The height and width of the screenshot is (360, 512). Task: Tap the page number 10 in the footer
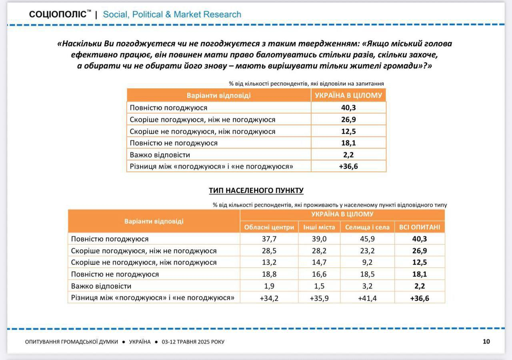[x=486, y=342]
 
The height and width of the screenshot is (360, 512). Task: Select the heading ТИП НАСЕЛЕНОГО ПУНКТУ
[x=256, y=191]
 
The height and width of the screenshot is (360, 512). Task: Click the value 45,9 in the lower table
[x=367, y=239]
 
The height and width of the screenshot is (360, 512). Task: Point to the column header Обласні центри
[x=269, y=227]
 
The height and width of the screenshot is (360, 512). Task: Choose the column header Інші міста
[x=319, y=227]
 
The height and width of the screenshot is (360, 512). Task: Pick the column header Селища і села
[x=367, y=227]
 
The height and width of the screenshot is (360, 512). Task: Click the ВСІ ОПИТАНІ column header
[x=419, y=227]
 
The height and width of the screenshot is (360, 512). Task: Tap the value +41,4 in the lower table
[x=367, y=298]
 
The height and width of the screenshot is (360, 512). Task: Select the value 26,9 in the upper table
[x=348, y=120]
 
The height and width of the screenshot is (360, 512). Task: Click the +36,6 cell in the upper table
[x=348, y=166]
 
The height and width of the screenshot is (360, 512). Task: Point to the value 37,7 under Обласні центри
[x=269, y=239]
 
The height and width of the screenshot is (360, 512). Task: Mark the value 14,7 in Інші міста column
[x=319, y=262]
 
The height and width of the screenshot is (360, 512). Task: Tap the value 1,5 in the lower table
[x=319, y=286]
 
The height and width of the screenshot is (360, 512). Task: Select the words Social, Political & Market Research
[x=172, y=14]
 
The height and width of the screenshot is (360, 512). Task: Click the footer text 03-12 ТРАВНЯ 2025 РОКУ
[x=193, y=342]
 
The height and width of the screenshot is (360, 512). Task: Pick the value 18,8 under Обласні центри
[x=269, y=274]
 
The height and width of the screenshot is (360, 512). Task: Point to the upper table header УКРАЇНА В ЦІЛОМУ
[x=348, y=95]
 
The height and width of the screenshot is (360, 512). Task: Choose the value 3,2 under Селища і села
[x=367, y=286]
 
